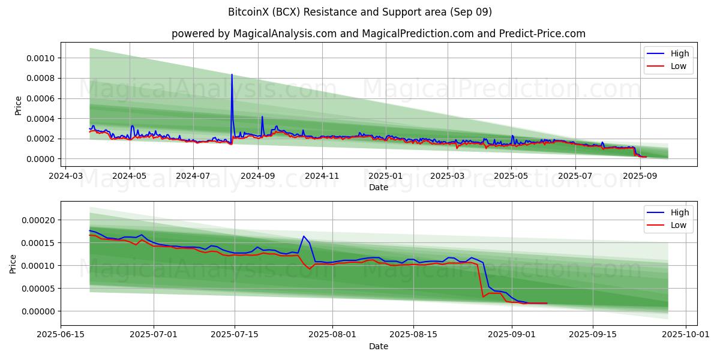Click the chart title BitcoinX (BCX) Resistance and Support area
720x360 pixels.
(360, 12)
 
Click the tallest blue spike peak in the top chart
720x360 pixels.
(232, 75)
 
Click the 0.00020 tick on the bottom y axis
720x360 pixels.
(40, 220)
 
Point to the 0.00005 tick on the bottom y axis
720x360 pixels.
(40, 289)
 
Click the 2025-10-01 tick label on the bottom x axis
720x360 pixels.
(684, 334)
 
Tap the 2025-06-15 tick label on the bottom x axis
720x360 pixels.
(61, 334)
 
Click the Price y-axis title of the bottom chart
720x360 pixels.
(13, 263)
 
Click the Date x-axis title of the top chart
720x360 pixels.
(378, 187)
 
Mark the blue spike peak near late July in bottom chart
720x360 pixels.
(304, 236)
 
